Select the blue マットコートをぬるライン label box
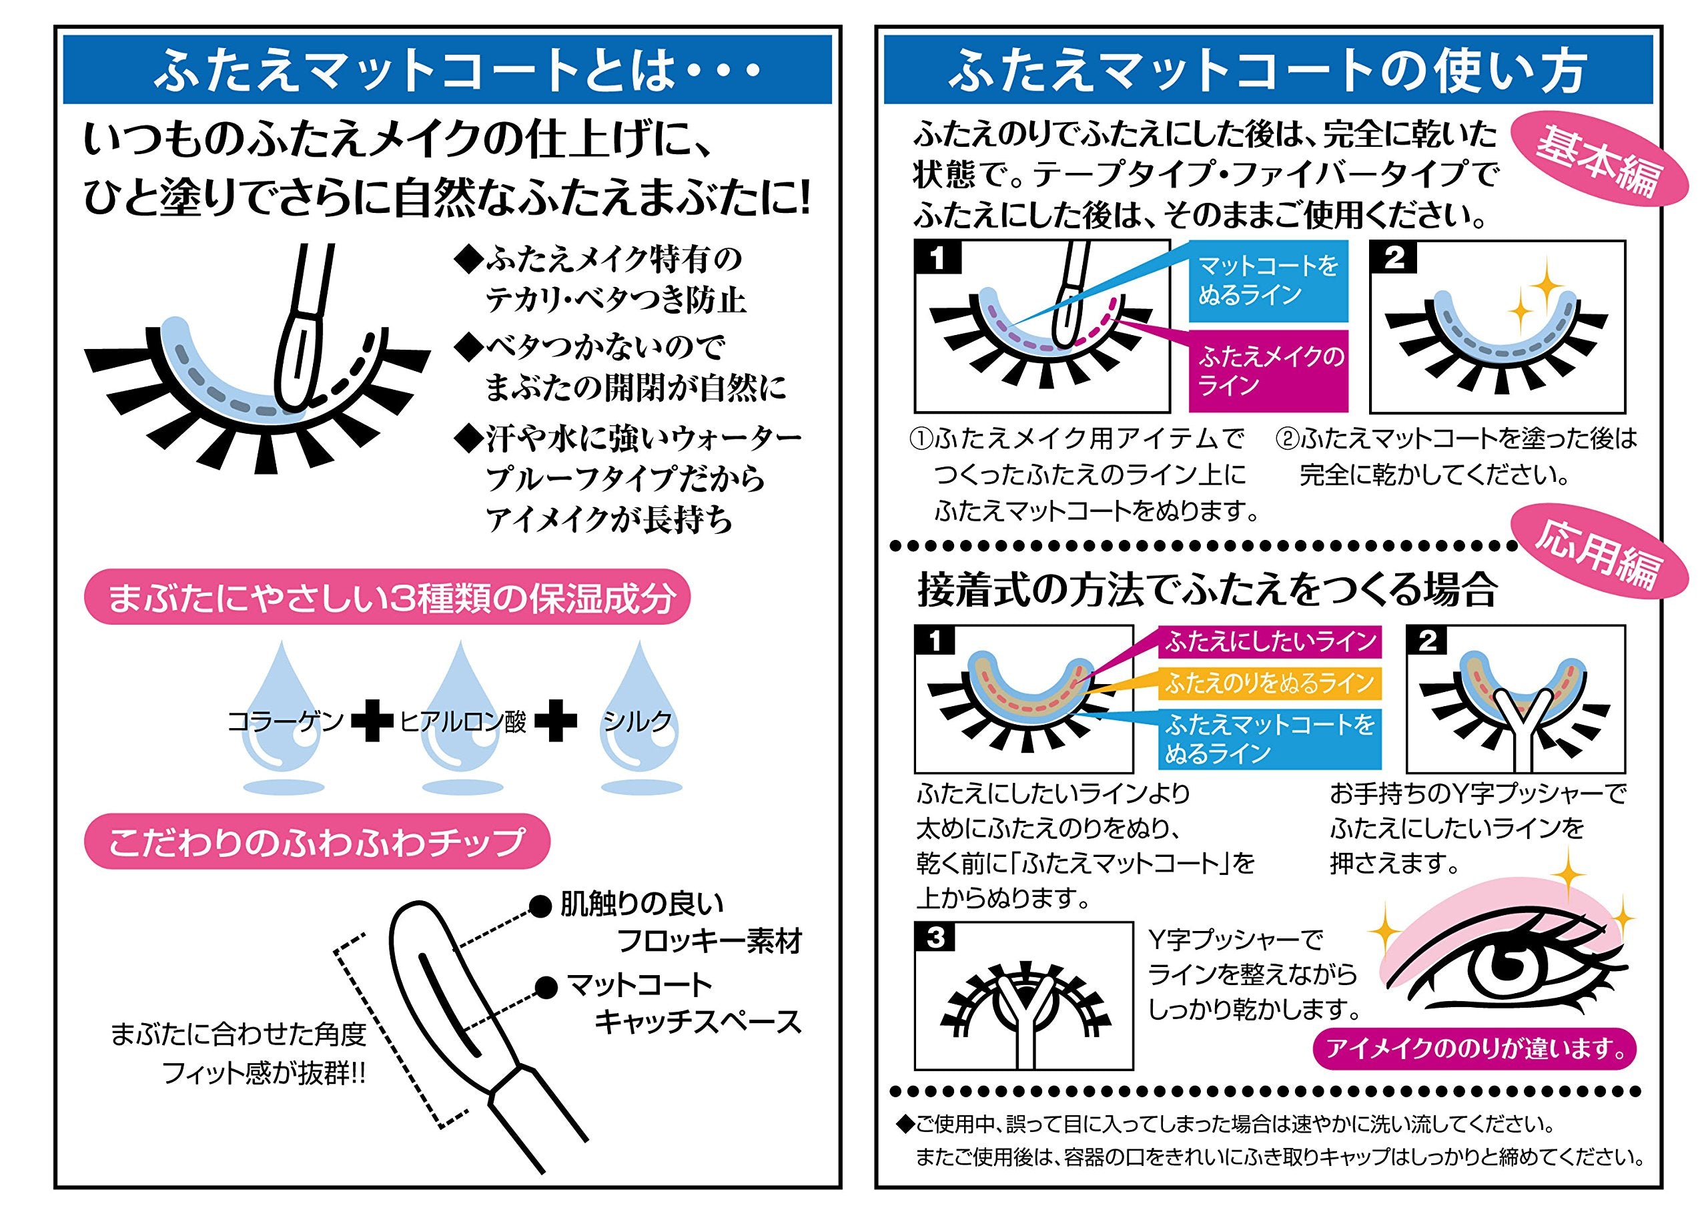pyautogui.click(x=1268, y=280)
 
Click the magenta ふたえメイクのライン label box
pyautogui.click(x=1268, y=371)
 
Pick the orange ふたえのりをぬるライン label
pyautogui.click(x=1269, y=683)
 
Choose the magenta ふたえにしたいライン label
pyautogui.click(x=1269, y=641)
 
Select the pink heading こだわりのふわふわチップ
pyautogui.click(x=316, y=843)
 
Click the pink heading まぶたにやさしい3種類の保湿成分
pyautogui.click(x=388, y=598)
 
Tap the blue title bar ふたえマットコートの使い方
pyautogui.click(x=1267, y=71)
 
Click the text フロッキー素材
pyautogui.click(x=710, y=942)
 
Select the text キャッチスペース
pyautogui.click(x=698, y=1023)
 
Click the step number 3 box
pyautogui.click(x=936, y=939)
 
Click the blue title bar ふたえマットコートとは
pyautogui.click(x=447, y=71)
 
